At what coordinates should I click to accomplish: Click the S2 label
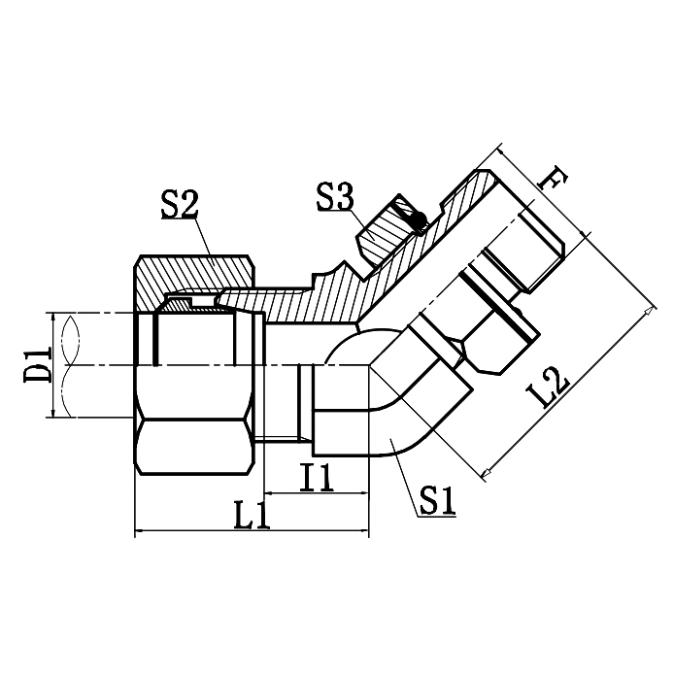pyautogui.click(x=180, y=205)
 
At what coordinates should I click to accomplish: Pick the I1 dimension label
pyautogui.click(x=317, y=477)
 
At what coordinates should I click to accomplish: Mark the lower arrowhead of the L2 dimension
pyautogui.click(x=488, y=473)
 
